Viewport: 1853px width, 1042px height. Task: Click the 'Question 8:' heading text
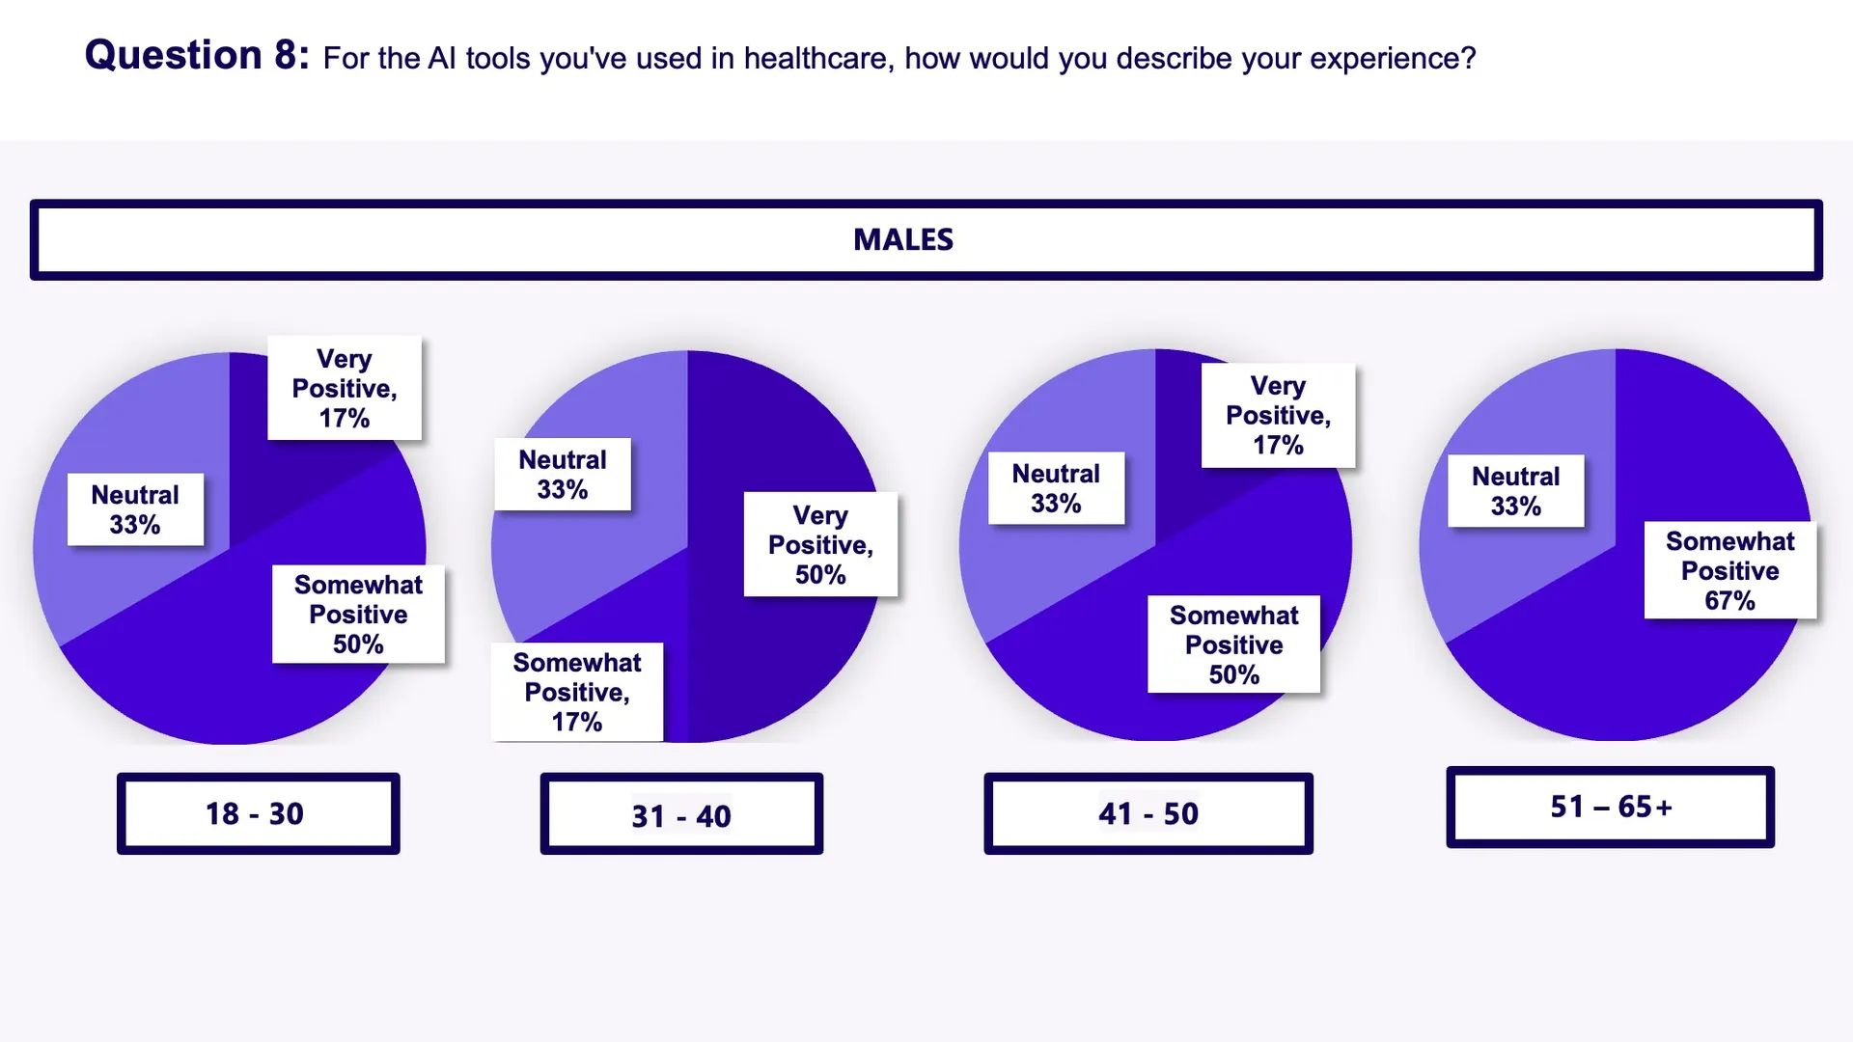[197, 55]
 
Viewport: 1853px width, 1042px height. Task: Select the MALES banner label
[903, 239]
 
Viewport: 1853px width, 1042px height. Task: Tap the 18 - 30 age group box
[258, 813]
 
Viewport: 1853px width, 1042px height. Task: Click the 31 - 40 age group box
[681, 815]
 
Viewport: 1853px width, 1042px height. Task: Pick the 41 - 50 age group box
[1148, 813]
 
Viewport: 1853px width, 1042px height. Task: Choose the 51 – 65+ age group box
[1610, 807]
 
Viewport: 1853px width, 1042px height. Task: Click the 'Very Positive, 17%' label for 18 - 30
[345, 388]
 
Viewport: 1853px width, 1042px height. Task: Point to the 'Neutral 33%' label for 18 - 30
[135, 509]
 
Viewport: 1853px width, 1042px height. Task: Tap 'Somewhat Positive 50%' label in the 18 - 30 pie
[358, 614]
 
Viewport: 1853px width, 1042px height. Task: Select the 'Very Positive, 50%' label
[820, 544]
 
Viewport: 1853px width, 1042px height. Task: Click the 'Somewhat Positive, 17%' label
[577, 692]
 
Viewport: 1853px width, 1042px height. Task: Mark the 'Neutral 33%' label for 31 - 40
[563, 474]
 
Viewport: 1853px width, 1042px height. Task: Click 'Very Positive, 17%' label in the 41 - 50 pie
[1278, 415]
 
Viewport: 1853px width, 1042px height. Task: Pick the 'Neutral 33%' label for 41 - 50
[1056, 488]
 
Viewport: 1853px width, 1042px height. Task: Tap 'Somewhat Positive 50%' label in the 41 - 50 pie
[1233, 644]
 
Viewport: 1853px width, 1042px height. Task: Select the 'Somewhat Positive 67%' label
[1729, 570]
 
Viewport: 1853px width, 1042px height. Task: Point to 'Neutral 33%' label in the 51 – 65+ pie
[1515, 490]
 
